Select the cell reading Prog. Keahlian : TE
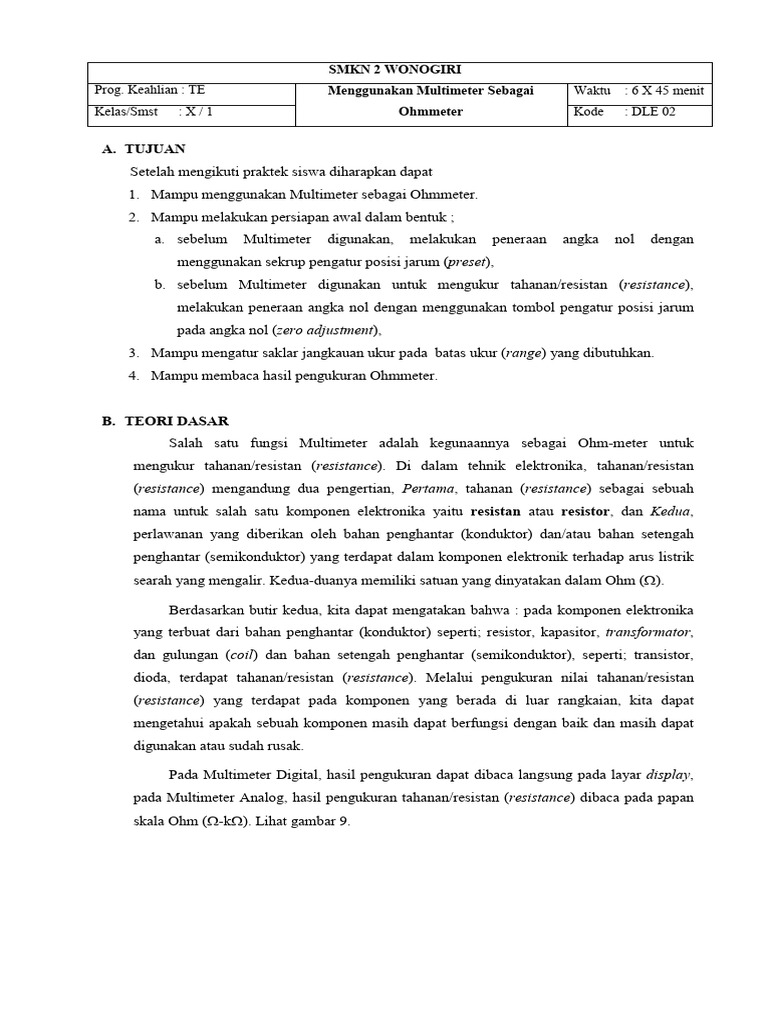coord(149,90)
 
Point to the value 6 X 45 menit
coord(666,90)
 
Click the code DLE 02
coord(653,112)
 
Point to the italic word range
coord(524,352)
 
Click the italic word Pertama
coord(428,488)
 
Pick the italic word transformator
coord(648,632)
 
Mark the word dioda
coord(151,678)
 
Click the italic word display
coord(669,774)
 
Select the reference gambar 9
coord(320,820)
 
